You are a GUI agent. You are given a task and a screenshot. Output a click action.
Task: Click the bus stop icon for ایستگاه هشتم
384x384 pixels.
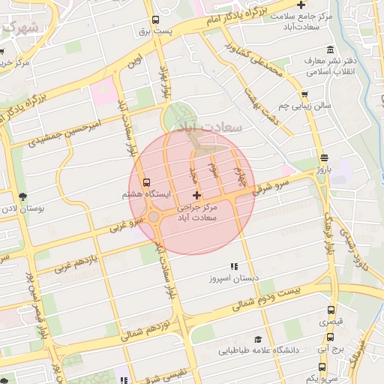(x=145, y=182)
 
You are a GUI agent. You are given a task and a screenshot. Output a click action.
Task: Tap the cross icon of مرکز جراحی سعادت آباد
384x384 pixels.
(x=197, y=195)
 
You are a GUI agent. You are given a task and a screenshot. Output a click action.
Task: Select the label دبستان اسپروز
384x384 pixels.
(x=234, y=277)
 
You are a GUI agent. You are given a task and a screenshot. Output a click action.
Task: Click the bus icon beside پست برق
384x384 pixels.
(x=155, y=20)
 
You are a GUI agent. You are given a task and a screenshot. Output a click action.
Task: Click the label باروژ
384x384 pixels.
(x=323, y=169)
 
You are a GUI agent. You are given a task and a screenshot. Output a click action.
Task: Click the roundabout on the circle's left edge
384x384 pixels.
(x=153, y=217)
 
